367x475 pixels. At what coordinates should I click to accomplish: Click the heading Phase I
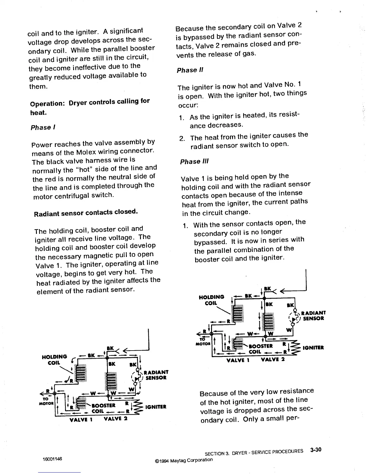point(41,127)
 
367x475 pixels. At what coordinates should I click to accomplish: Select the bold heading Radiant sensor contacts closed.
point(86,213)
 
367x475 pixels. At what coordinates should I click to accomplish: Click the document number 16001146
point(53,459)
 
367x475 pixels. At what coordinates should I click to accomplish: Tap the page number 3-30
point(316,450)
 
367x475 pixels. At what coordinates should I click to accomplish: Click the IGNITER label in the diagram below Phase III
point(313,348)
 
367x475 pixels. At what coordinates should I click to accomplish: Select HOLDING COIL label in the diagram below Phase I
point(54,360)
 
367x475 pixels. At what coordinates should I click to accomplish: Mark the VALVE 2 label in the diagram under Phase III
point(273,359)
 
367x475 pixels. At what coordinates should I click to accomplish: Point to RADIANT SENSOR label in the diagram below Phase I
point(156,375)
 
